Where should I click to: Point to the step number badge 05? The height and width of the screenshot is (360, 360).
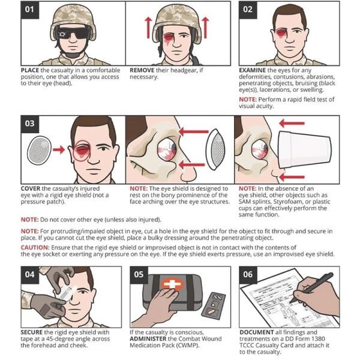(139, 274)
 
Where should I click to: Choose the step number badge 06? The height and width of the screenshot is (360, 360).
(248, 274)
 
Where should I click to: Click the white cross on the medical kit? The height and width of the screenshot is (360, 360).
(173, 286)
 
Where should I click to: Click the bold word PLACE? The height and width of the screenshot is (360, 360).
(32, 70)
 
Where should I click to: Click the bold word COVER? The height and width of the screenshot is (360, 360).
(32, 188)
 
